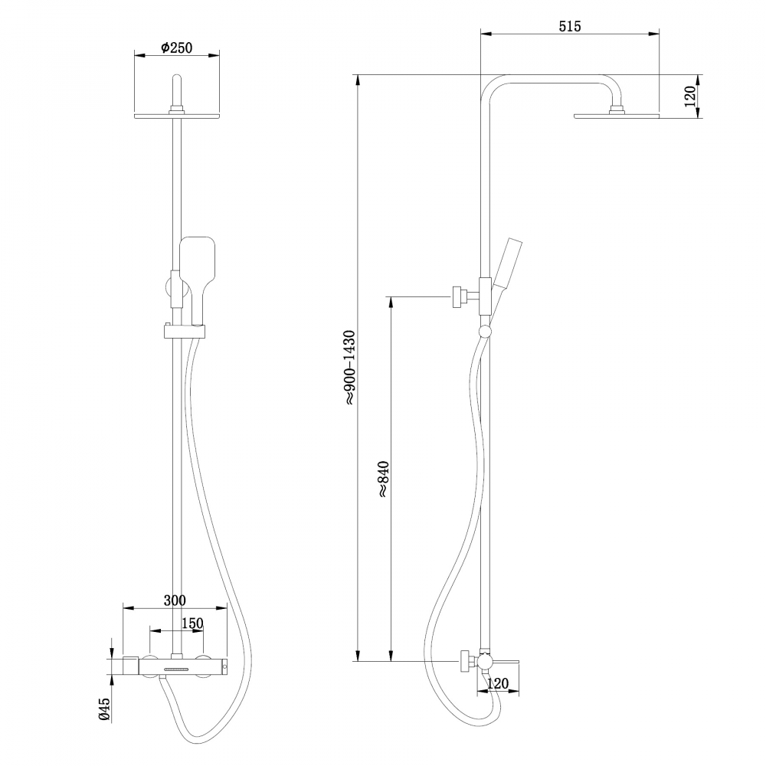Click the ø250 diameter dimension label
176,47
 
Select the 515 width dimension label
569,26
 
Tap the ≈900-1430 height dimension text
349,368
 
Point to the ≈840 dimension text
384,480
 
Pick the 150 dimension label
191,624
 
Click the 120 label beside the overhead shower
689,97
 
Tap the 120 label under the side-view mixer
498,683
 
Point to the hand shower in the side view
506,264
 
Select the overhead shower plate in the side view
616,116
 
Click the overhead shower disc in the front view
177,116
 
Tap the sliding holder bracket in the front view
184,331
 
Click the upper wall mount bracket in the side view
460,296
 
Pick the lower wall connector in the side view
465,661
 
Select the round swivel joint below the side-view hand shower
484,331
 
